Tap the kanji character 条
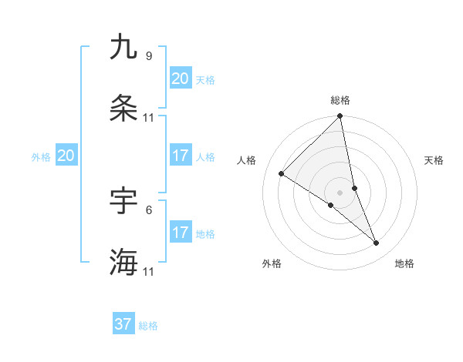coord(123,109)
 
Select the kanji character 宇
coord(123,201)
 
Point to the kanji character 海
coord(123,262)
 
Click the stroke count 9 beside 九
coord(149,56)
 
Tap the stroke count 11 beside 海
coord(149,272)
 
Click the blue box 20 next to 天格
coord(181,79)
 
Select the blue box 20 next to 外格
coord(66,156)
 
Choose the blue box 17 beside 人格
coord(181,156)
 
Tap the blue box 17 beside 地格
coord(181,233)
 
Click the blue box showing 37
coord(123,324)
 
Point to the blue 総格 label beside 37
coord(148,326)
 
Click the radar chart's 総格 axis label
coord(340,100)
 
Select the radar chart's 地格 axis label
coord(404,264)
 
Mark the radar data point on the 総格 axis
coord(340,117)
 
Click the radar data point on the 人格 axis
coord(282,174)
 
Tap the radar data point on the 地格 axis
coord(377,243)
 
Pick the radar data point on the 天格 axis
coord(354,188)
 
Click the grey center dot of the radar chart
coord(340,193)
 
